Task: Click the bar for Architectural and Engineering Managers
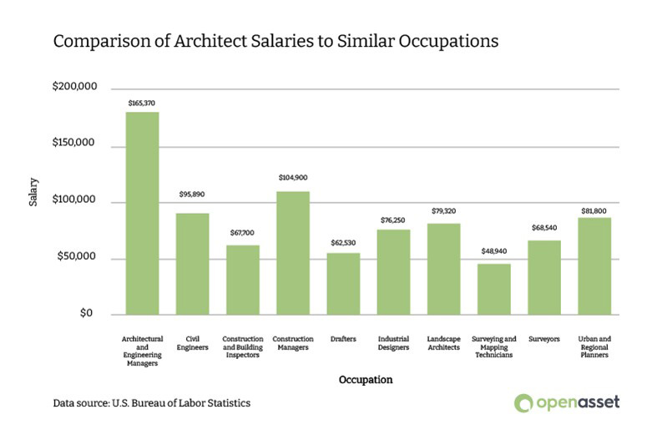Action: [x=142, y=213]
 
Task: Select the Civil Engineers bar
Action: [x=192, y=264]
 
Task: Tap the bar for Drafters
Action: [x=343, y=284]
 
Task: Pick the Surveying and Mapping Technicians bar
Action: [x=493, y=289]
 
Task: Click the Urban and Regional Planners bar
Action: [x=594, y=265]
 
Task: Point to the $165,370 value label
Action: [x=142, y=103]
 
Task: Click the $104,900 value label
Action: [x=292, y=178]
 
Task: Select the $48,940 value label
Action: [x=493, y=250]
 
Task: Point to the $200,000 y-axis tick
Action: [x=75, y=87]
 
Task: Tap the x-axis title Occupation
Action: [x=365, y=380]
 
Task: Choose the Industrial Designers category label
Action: [x=393, y=343]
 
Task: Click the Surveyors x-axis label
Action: [x=543, y=339]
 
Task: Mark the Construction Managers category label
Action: [x=292, y=343]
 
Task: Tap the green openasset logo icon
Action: [x=523, y=403]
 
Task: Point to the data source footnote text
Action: [x=151, y=403]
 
